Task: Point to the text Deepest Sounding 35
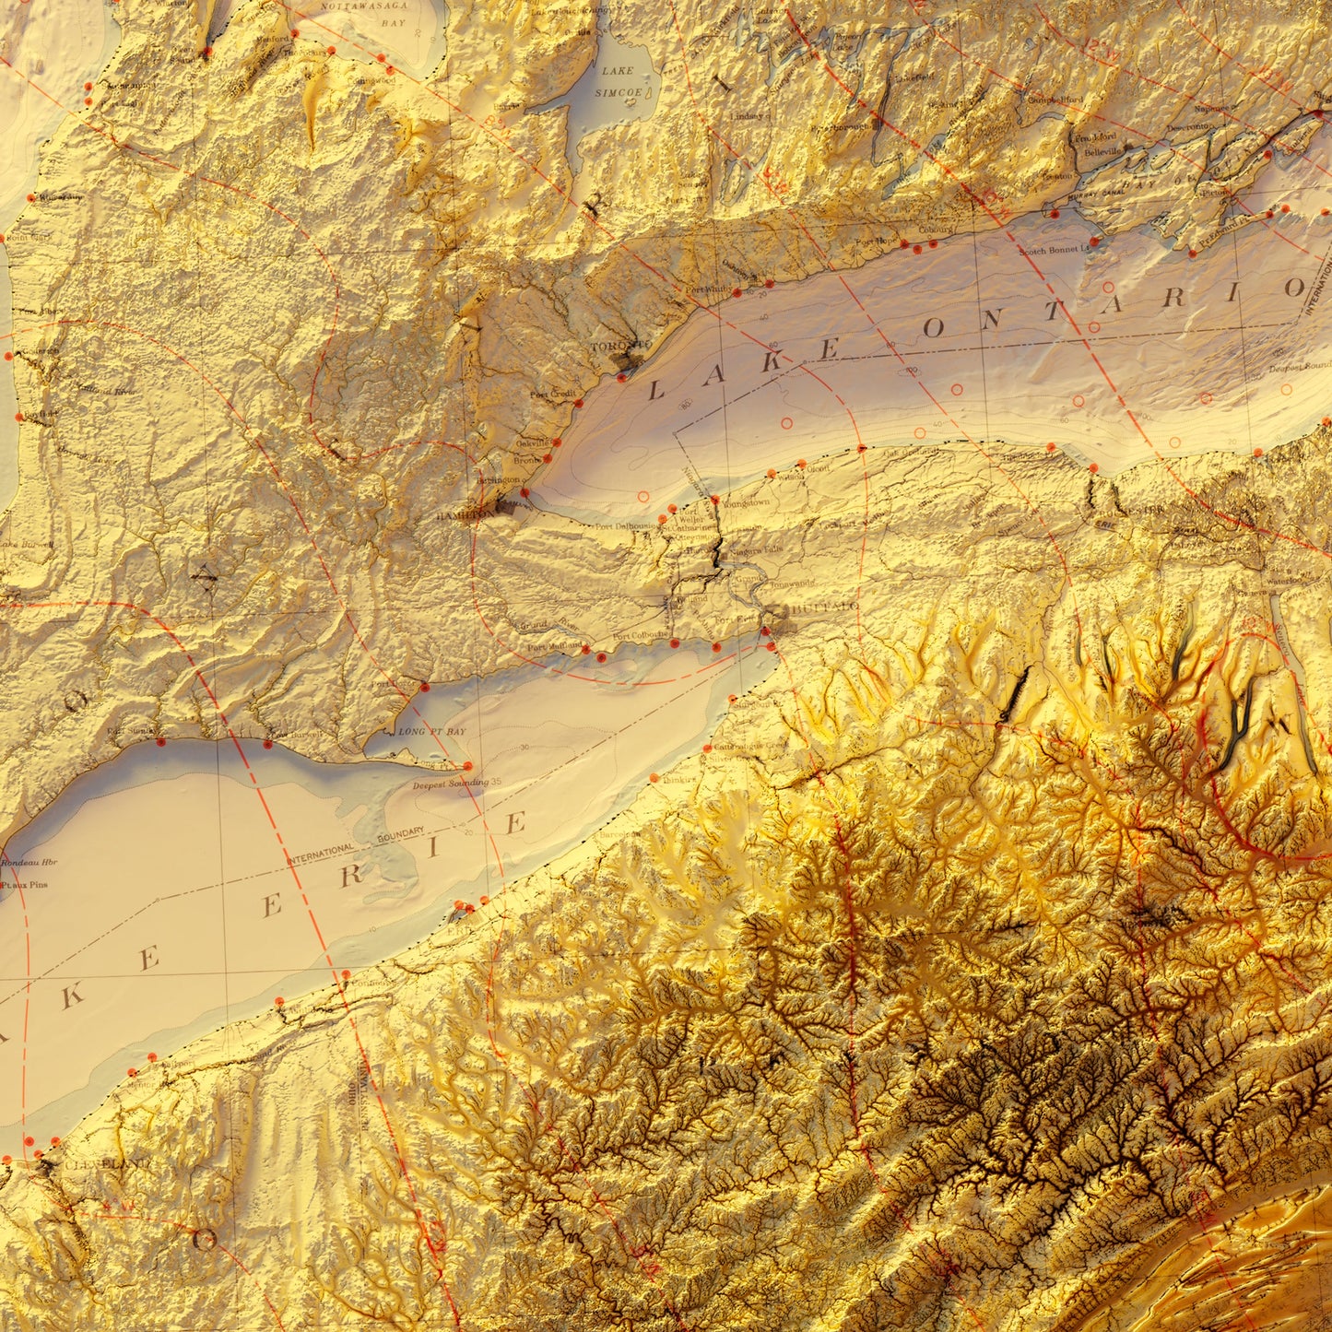[x=457, y=784]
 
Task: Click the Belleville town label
[x=1101, y=150]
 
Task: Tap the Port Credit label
[x=551, y=394]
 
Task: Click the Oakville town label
[x=529, y=442]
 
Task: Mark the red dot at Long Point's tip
[x=467, y=765]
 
